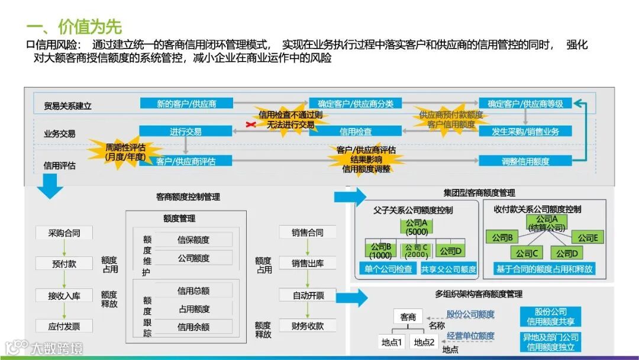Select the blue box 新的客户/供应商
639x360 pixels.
click(x=186, y=104)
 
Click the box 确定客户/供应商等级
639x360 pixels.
click(x=525, y=104)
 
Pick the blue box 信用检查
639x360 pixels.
click(x=356, y=131)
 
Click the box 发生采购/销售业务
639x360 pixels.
click(x=525, y=131)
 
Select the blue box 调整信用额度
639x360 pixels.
click(x=525, y=161)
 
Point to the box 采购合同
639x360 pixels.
click(x=64, y=233)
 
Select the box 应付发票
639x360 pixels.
click(x=64, y=326)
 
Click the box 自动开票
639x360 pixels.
click(x=308, y=295)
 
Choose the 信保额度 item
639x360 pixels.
click(x=193, y=240)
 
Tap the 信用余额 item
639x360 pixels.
click(x=193, y=327)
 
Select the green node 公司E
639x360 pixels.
click(x=588, y=237)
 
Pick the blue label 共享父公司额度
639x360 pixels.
click(x=448, y=269)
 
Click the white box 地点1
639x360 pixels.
click(x=392, y=342)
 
